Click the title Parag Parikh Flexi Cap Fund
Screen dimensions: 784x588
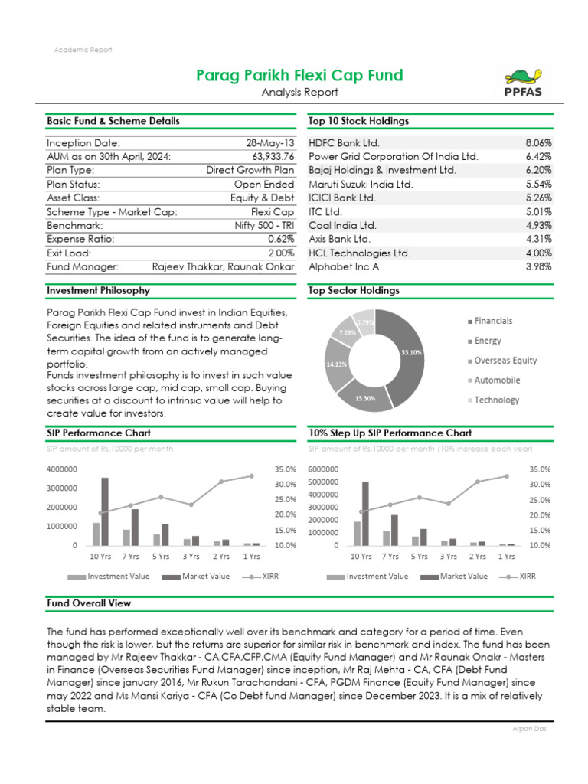pos(299,75)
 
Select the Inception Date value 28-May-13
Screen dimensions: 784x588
pos(269,143)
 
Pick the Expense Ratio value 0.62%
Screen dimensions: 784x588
pos(279,239)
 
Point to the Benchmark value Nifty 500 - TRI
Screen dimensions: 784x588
pos(263,226)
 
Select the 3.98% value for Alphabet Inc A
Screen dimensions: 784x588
pos(538,266)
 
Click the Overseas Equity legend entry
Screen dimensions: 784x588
pos(505,361)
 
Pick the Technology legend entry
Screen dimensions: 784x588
pos(496,400)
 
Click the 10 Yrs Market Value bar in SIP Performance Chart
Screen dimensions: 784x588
pos(104,511)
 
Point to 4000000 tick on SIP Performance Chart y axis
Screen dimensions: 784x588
pos(65,469)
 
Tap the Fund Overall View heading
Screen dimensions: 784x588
pos(89,603)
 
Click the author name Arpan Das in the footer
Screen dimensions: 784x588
pos(528,728)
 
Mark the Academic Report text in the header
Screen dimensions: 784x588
pos(83,50)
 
